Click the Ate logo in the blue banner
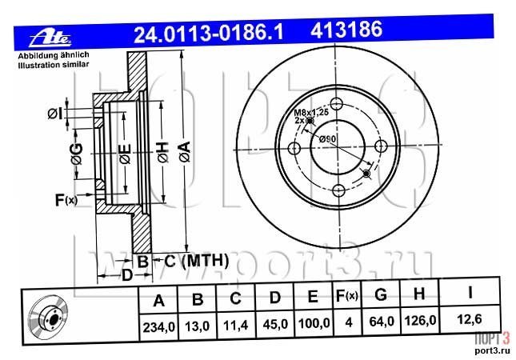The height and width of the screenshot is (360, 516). [x=50, y=38]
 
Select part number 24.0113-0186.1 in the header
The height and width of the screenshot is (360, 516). [x=208, y=33]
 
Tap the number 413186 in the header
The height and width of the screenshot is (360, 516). [x=346, y=30]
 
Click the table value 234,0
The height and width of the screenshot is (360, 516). [x=158, y=327]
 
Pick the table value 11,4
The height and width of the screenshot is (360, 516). [x=236, y=326]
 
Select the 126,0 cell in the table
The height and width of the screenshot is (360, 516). [x=419, y=320]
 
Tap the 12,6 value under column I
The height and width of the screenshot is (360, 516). [x=470, y=319]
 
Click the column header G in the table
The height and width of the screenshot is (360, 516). [x=381, y=294]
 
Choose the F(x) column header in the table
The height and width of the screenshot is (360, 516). [x=346, y=295]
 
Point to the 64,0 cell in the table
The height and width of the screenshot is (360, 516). [x=382, y=322]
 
